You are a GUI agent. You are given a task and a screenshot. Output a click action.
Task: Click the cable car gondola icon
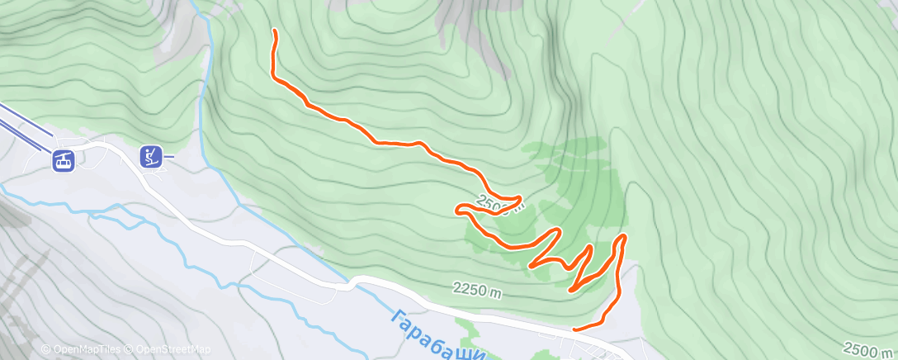63,160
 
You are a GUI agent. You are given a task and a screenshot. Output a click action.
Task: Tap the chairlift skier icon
150,154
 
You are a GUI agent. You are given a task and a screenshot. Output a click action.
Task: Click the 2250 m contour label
478,289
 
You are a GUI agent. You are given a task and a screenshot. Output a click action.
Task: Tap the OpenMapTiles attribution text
83,349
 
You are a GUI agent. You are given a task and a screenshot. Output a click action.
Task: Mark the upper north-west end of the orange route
274,31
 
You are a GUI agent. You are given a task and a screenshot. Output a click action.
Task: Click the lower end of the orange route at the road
574,329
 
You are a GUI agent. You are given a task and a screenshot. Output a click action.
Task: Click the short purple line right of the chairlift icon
168,154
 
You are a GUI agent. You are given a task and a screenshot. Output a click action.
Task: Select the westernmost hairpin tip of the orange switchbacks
457,211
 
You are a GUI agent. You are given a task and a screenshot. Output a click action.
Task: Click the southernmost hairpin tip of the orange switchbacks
571,290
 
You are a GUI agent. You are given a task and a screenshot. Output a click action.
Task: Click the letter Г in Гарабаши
397,316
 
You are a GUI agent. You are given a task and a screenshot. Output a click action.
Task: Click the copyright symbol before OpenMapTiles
45,349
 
